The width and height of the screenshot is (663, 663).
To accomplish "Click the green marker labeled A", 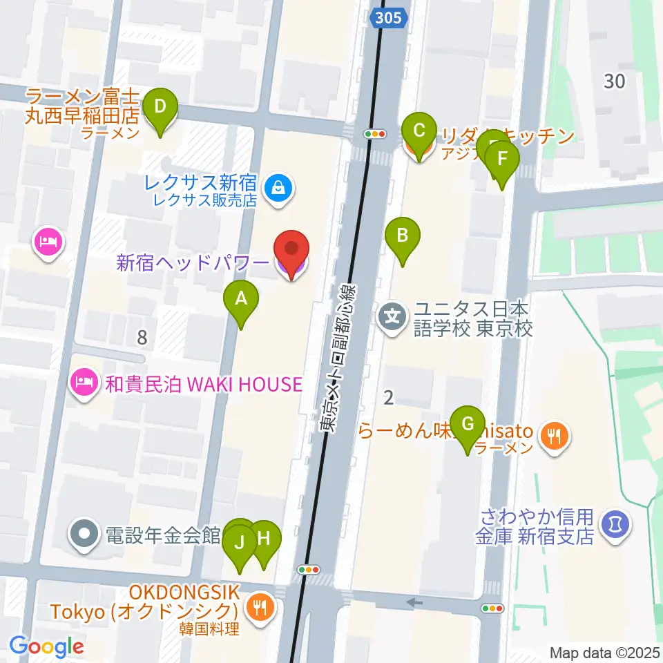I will pos(241,300).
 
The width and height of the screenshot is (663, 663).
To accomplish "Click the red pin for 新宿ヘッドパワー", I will pos(291,249).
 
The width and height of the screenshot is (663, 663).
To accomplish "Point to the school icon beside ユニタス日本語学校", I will pos(393,318).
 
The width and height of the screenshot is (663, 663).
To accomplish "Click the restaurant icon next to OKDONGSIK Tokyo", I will pos(260,608).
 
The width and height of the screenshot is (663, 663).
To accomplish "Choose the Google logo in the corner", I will pos(46,647).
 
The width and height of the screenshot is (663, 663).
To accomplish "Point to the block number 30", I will pos(614,81).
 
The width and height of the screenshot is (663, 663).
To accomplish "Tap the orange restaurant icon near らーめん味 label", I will pos(555,434).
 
